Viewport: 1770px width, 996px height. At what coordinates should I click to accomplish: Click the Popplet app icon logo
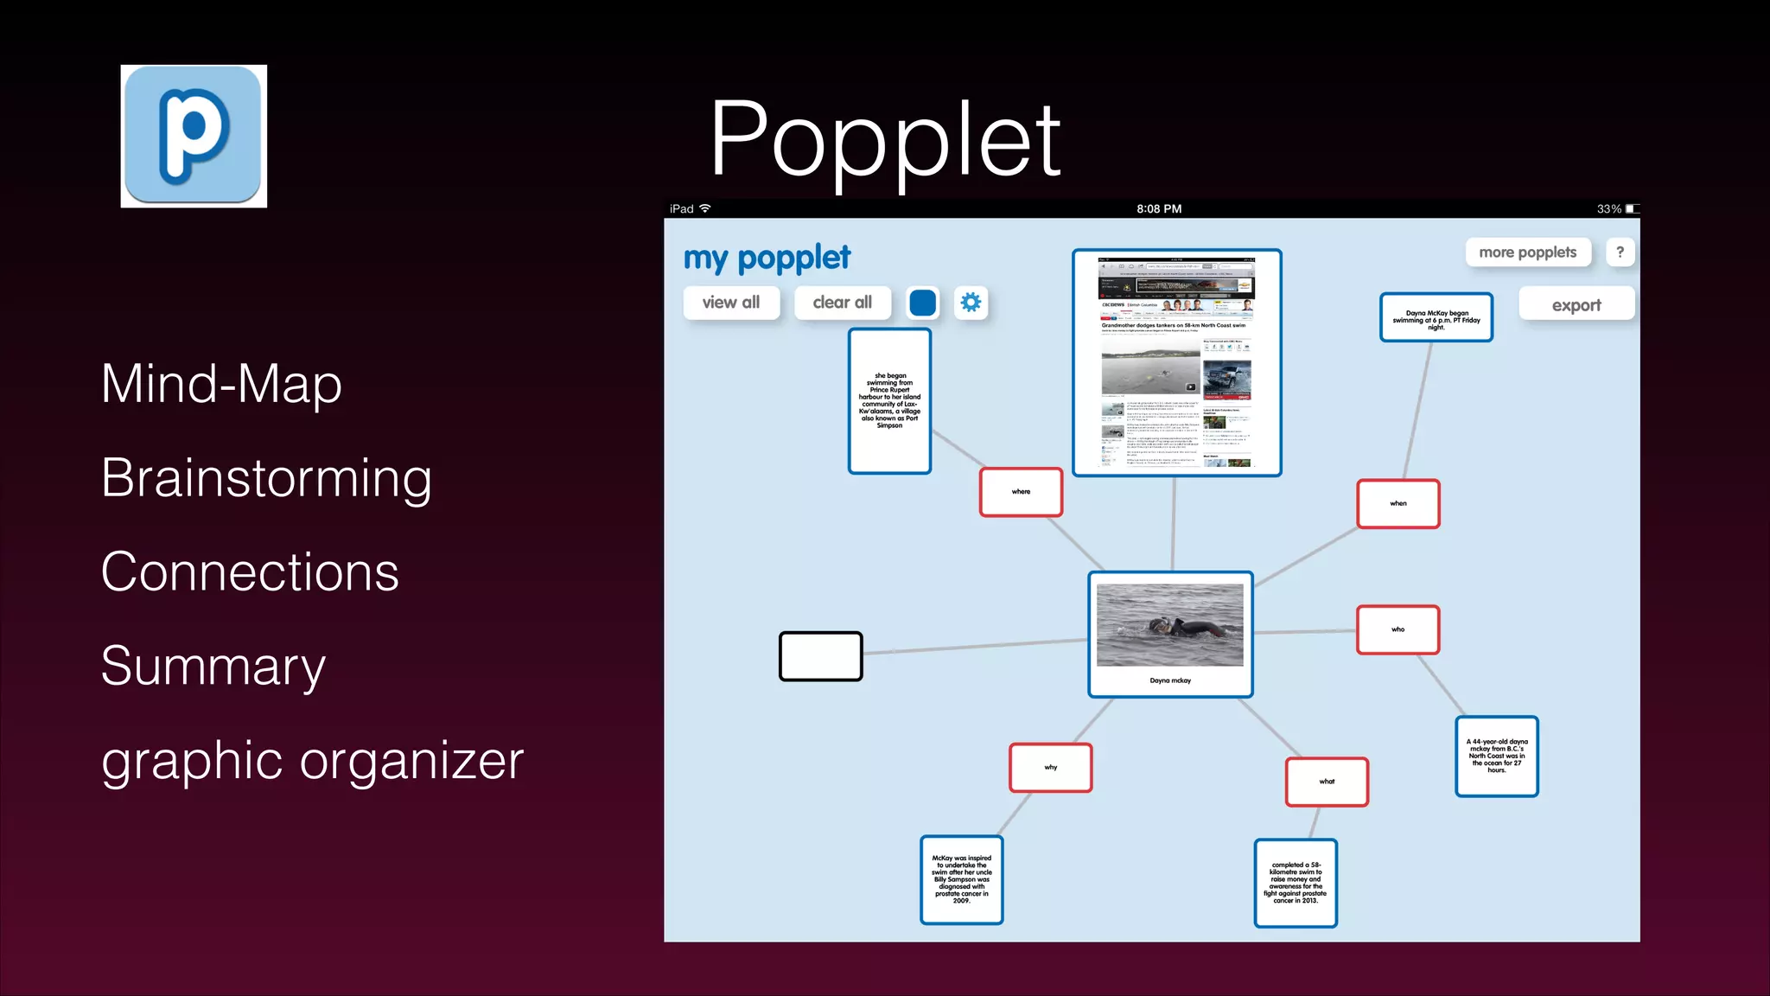[193, 136]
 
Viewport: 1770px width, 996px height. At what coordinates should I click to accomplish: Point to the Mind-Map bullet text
[221, 384]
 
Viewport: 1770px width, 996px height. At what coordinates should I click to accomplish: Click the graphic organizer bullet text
[312, 761]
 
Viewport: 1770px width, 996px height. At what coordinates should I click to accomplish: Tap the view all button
[731, 303]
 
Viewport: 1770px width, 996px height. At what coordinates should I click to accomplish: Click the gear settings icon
[971, 303]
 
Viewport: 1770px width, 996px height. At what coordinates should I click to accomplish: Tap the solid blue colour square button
[922, 303]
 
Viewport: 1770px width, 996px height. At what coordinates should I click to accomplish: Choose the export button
[1576, 305]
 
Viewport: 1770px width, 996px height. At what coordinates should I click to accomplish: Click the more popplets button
[1527, 252]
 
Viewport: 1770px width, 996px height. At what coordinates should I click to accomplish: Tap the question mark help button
[1620, 252]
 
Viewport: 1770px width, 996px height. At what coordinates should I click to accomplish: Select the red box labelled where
[1021, 492]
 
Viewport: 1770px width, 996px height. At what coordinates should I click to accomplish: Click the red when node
[1398, 503]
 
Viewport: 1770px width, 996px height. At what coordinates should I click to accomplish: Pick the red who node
[1398, 629]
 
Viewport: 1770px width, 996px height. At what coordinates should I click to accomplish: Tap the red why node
[1050, 768]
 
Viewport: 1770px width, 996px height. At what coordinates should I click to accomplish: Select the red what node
[1327, 782]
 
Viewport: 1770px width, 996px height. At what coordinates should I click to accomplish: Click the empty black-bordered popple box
[820, 656]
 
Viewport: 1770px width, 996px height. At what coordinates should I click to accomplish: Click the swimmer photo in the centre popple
[1169, 624]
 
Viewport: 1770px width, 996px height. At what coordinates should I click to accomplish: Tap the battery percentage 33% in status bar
[1608, 209]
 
